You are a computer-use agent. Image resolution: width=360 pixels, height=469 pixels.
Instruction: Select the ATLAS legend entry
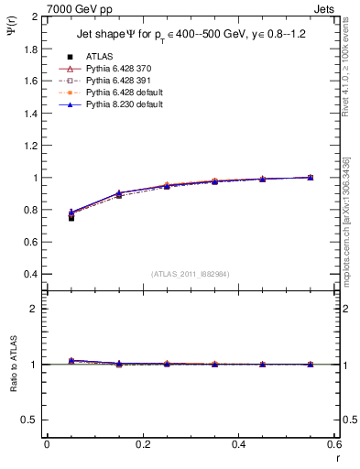(99, 56)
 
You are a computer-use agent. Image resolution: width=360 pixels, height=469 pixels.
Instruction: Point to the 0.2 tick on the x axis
(142, 444)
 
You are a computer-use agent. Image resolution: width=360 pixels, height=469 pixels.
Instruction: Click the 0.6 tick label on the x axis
(333, 444)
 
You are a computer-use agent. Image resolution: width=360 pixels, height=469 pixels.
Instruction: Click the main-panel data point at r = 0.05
(71, 217)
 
